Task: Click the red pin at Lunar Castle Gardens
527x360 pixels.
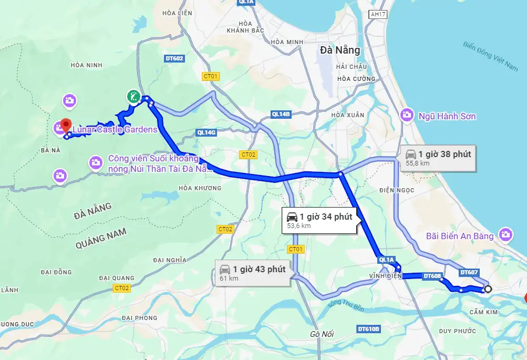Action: coord(66,125)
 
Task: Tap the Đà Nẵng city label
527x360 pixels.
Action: coord(340,50)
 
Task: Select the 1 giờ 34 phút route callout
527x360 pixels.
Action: coord(319,220)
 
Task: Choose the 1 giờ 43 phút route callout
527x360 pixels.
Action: coord(252,273)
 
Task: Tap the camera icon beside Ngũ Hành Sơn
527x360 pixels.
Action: coord(406,114)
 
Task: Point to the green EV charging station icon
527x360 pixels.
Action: coord(133,96)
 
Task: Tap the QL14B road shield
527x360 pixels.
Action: coord(281,114)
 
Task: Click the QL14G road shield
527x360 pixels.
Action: coord(205,132)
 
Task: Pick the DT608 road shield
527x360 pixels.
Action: coord(432,276)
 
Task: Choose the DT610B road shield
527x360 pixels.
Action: coord(368,329)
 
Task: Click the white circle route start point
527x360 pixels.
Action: coord(488,289)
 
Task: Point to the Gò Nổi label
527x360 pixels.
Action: coord(322,334)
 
